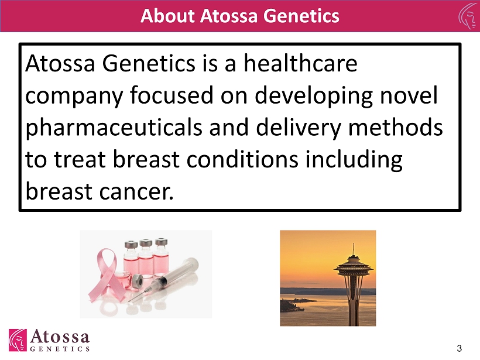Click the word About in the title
coord(167,16)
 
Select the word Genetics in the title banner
coord(301,16)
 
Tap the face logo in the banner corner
coord(469,16)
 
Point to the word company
coord(74,97)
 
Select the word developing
coord(314,96)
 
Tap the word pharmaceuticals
coord(114,128)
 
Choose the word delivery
coord(298,128)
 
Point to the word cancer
coord(136,192)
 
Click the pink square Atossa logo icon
coord(18,340)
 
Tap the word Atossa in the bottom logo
coord(60,336)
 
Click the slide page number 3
coord(459,348)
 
